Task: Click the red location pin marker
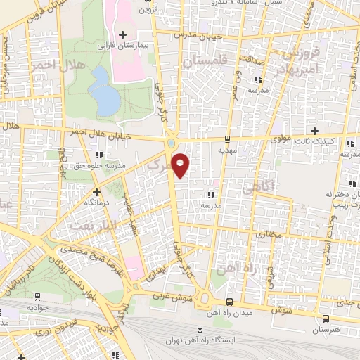181,165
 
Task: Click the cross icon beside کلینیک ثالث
314,131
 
